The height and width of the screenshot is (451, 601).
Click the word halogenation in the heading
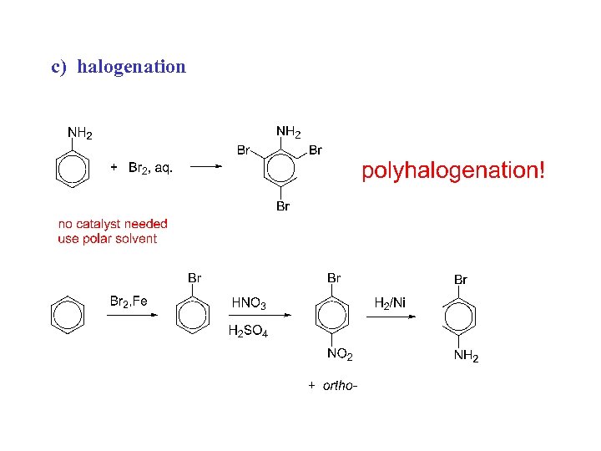131,67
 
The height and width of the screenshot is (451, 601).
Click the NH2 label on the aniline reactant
79,133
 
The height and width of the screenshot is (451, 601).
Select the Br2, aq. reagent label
149,168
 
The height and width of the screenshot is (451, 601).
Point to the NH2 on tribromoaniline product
289,132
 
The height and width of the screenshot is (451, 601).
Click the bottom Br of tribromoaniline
282,206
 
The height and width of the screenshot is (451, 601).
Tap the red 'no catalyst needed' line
113,224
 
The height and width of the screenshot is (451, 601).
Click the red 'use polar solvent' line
107,239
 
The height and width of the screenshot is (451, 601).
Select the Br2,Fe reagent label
129,301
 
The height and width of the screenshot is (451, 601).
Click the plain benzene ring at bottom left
68,315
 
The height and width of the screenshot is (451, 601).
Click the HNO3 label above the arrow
249,302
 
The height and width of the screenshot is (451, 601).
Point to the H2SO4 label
248,332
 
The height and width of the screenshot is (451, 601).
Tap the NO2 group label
340,356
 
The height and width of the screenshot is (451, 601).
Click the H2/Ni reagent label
390,302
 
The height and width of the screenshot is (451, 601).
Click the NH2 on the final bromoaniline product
466,357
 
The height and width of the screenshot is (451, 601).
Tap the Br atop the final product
461,279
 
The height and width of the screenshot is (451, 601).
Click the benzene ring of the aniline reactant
72,169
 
